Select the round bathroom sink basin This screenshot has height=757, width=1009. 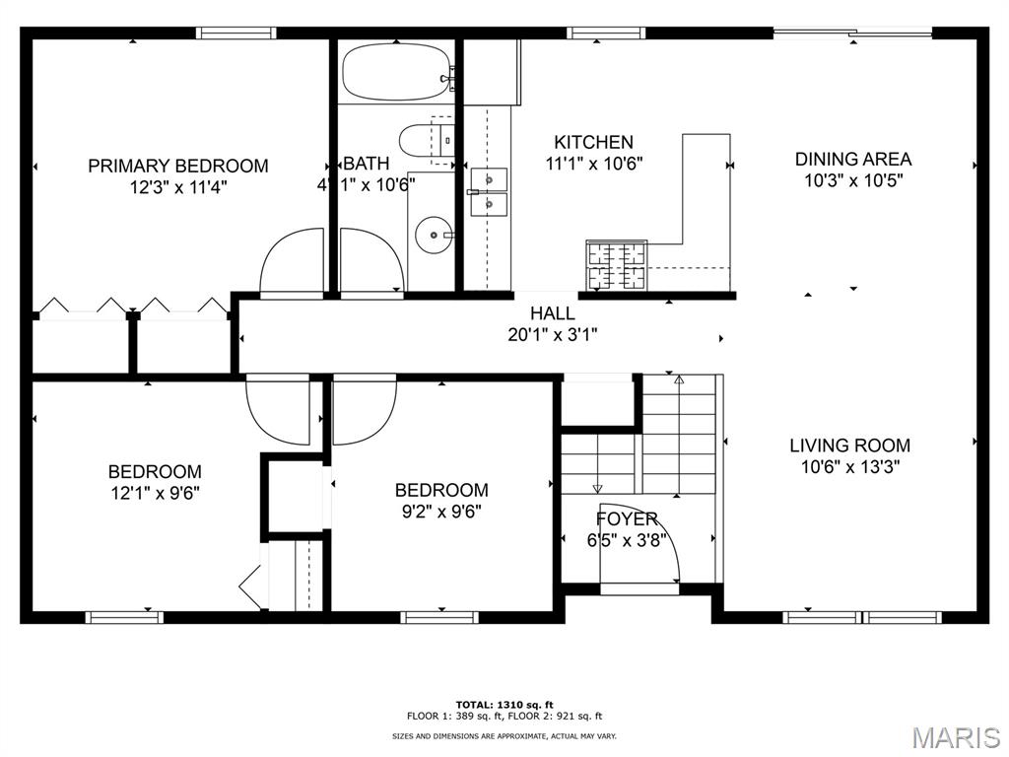point(434,235)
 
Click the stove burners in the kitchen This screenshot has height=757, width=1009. point(616,264)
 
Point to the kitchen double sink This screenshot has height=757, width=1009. point(489,191)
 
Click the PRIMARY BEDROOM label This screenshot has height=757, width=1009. point(177,166)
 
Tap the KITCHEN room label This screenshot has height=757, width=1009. point(593,142)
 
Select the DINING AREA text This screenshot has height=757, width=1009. point(852,159)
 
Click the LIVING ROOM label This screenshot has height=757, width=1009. point(849,445)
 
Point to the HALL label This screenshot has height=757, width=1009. point(552,313)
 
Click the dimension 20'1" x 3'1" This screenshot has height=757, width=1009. point(552,335)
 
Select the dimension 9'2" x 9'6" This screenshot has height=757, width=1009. point(440,512)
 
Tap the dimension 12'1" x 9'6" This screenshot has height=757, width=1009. point(155,493)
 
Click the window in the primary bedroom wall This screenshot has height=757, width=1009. point(236,33)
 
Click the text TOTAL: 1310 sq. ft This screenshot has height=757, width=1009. point(504,705)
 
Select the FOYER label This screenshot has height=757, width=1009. point(626,518)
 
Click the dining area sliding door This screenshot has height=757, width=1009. point(852,33)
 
